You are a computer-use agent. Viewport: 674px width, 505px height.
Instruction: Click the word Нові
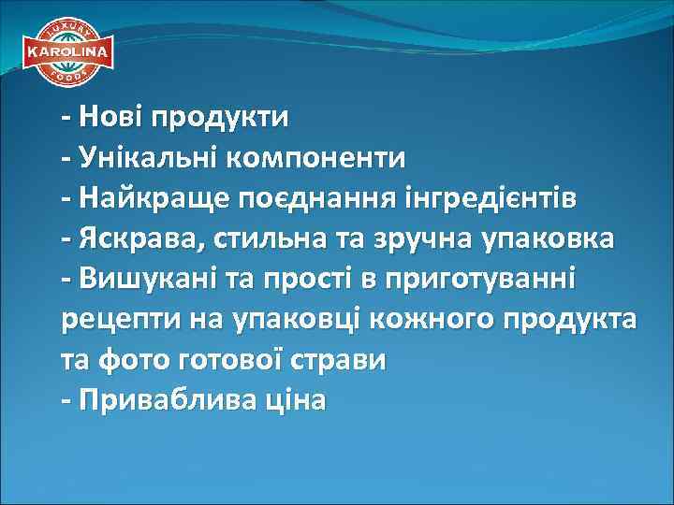tap(110, 119)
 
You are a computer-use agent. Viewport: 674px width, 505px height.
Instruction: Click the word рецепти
tap(116, 320)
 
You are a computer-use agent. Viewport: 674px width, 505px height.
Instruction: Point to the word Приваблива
tap(164, 400)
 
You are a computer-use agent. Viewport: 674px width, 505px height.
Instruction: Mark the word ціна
tap(296, 400)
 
